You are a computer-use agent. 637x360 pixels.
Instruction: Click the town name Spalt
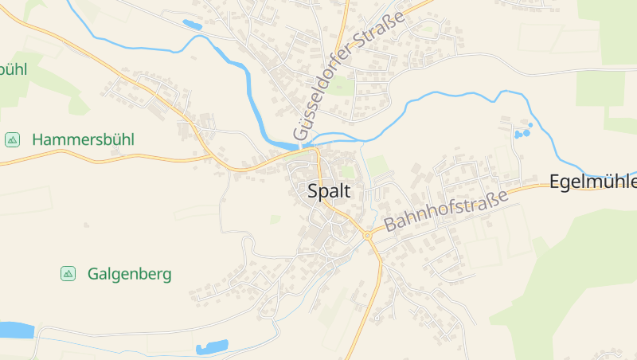coord(329,191)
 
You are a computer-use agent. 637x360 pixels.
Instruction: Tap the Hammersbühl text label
coord(83,139)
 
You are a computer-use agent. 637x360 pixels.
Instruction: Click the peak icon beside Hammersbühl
coord(12,139)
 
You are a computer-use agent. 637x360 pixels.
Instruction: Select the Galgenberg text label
coord(129,274)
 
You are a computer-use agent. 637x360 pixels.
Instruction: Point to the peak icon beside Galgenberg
coord(68,274)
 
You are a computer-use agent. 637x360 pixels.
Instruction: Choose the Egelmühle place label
coord(593,182)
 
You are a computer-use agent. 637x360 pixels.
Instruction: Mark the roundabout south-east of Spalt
coord(368,235)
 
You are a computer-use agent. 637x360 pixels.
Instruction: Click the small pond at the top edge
coord(192,25)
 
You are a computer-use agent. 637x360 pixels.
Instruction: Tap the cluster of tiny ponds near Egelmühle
coord(522,132)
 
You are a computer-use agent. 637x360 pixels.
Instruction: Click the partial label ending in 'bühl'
coord(13,69)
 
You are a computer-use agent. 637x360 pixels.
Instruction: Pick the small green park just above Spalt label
coord(347,170)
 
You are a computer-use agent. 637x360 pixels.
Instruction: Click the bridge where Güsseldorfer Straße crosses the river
coord(302,146)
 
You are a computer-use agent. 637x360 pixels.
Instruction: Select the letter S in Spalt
coord(313,191)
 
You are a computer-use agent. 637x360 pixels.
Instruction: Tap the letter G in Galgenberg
coord(93,274)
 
